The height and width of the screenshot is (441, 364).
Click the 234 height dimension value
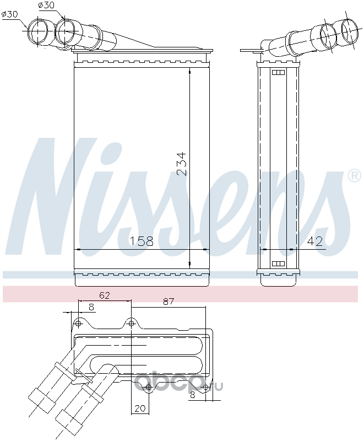tap(181, 164)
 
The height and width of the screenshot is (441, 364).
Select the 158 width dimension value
tap(142, 241)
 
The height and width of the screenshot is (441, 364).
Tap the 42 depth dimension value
tap(315, 241)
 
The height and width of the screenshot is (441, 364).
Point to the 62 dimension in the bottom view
tap(104, 295)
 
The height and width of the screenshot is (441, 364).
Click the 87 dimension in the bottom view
tap(169, 302)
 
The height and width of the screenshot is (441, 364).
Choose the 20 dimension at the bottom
tap(140, 408)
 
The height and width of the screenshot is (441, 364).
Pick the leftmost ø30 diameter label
tap(9, 14)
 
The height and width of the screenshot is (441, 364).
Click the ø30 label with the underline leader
tap(46, 5)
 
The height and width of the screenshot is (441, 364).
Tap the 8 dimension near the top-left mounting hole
tap(91, 307)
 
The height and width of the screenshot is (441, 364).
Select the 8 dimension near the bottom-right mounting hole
tap(192, 395)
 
